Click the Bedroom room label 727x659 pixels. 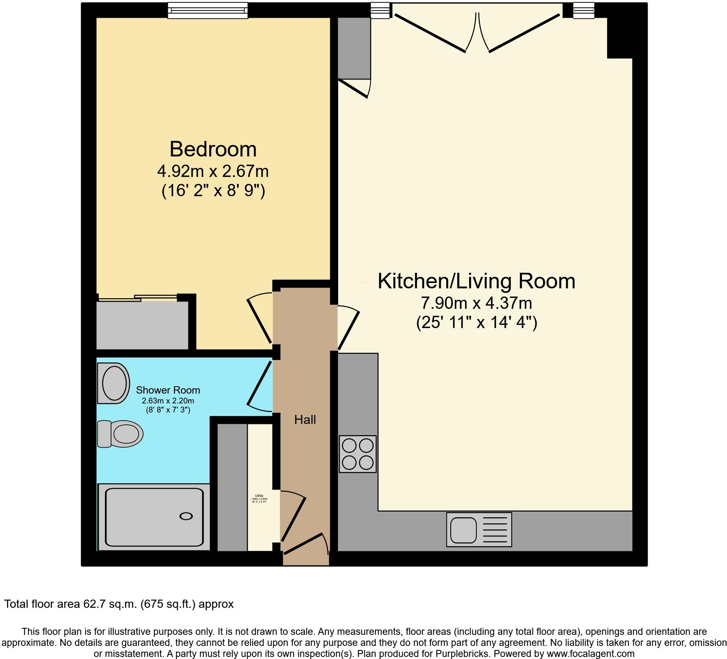(213, 149)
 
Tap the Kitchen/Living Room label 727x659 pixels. (476, 281)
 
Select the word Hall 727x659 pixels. (305, 420)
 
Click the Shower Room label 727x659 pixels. (168, 390)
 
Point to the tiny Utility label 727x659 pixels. (259, 496)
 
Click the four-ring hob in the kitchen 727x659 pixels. (357, 454)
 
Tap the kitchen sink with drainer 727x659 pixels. (479, 530)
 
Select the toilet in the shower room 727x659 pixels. (120, 434)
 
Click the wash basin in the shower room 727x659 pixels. (113, 383)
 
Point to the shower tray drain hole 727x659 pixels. (186, 516)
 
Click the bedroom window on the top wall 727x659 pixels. (208, 10)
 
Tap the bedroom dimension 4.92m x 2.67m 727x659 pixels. (213, 171)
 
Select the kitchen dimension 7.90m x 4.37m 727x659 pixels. (476, 303)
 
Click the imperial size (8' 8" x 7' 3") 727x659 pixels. (168, 410)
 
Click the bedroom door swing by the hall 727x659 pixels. (260, 317)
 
